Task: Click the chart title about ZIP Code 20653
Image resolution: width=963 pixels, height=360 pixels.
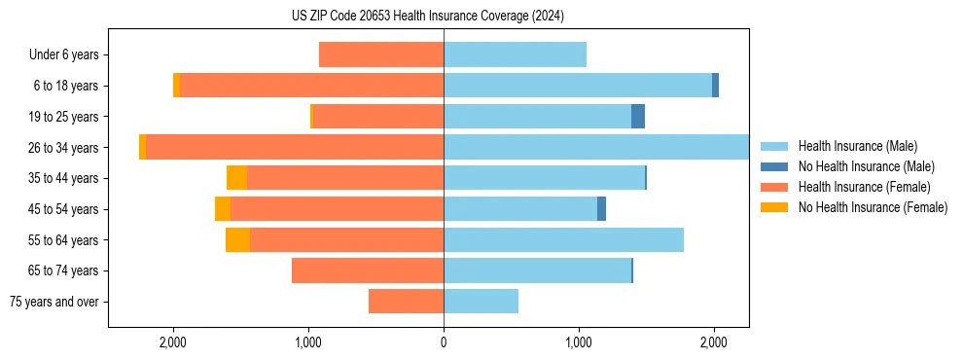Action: (x=427, y=16)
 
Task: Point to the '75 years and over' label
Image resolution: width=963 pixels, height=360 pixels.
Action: (x=54, y=302)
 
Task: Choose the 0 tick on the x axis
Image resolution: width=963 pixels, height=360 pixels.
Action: (x=444, y=342)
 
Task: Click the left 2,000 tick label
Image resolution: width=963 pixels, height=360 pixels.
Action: (x=173, y=342)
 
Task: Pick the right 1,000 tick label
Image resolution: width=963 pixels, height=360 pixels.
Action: (x=579, y=342)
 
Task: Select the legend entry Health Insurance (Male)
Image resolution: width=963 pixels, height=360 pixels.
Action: (x=857, y=146)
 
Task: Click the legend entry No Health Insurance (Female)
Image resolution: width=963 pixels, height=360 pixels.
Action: (x=873, y=207)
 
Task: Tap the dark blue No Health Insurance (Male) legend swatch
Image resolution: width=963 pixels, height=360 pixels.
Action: (x=774, y=166)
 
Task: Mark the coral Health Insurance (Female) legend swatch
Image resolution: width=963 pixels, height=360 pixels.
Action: (x=774, y=187)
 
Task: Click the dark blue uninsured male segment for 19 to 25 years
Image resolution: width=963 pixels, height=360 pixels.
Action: (x=638, y=117)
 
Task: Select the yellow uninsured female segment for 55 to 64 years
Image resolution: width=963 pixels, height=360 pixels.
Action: (x=237, y=240)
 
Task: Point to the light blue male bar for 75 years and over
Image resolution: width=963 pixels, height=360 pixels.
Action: (x=481, y=302)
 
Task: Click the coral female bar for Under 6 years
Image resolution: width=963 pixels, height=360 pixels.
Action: (x=381, y=55)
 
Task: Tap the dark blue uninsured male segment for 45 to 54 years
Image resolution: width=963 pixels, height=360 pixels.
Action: (x=601, y=209)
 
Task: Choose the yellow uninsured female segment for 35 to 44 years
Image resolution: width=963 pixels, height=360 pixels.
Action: (x=236, y=178)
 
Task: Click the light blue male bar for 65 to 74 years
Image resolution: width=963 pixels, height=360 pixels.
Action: (x=537, y=270)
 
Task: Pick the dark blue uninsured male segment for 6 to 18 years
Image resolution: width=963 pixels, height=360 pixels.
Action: (x=715, y=86)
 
